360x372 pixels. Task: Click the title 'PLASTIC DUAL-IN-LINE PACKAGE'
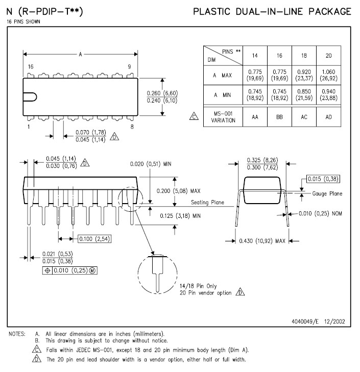click(272, 11)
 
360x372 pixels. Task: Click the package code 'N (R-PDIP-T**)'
click(45, 11)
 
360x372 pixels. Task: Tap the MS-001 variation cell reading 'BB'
click(279, 116)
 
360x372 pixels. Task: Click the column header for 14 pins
click(254, 55)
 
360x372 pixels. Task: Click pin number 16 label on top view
click(31, 67)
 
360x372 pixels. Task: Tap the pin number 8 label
click(132, 126)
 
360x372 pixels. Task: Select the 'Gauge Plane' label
click(327, 193)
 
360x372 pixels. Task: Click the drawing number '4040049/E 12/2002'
click(319, 321)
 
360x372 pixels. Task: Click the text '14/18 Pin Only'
click(198, 286)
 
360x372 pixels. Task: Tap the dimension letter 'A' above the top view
click(80, 55)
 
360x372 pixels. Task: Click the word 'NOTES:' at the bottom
click(17, 334)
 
